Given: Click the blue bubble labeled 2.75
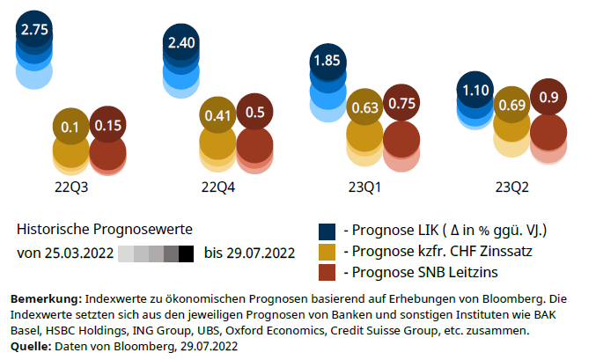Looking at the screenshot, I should (34, 29).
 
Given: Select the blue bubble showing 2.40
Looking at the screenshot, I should (182, 42).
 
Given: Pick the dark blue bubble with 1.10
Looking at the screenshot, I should (475, 90).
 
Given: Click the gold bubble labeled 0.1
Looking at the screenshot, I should (70, 127).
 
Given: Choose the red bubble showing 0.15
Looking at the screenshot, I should (107, 126).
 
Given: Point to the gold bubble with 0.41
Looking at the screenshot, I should (217, 114).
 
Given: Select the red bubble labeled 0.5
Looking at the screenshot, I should (255, 112).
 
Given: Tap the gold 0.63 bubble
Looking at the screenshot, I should (364, 107).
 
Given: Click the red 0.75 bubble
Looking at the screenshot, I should (401, 103).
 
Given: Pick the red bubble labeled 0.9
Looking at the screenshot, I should (548, 97).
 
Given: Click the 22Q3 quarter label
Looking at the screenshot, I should (71, 187).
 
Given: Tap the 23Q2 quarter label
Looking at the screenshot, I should (512, 187).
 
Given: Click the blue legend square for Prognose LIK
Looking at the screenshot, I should (327, 231).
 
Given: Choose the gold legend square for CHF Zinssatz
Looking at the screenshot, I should (327, 252).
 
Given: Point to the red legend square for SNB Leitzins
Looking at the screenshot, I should (327, 272).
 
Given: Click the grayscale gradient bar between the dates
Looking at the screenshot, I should (155, 253).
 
